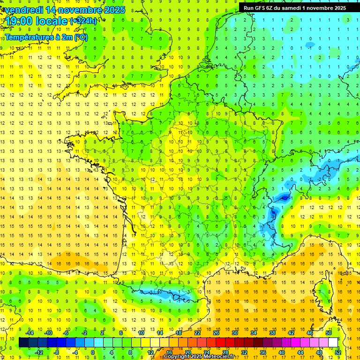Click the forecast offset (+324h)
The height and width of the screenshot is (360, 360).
[x=83, y=21]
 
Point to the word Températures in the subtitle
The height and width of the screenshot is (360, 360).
[x=28, y=37]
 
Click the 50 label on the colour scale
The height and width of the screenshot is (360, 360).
[x=329, y=333]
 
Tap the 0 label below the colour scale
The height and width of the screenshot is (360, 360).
[x=93, y=352]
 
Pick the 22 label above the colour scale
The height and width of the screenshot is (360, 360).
[x=197, y=333]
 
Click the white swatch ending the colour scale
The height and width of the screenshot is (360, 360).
[x=333, y=343]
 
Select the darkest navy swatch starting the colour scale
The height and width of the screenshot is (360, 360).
[x=23, y=343]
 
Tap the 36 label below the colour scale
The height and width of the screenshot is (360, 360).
[x=262, y=352]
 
